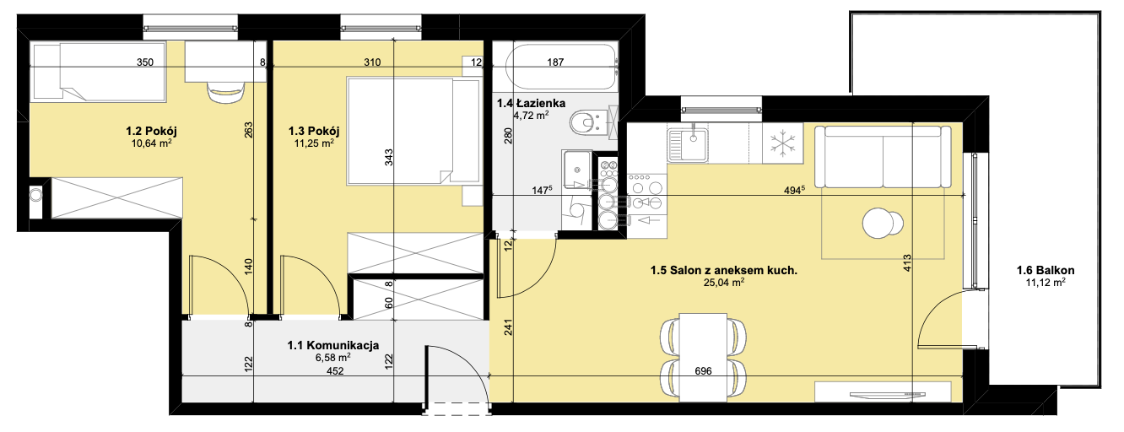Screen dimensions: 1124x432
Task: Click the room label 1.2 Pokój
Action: pyautogui.click(x=151, y=132)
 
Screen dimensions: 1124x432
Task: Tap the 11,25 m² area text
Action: pyautogui.click(x=314, y=143)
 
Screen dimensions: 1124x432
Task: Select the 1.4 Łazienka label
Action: pyautogui.click(x=531, y=103)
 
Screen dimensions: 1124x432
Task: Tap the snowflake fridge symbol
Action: pyautogui.click(x=783, y=143)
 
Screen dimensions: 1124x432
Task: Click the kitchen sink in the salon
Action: pyautogui.click(x=688, y=144)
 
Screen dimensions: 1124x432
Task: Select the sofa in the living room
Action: pyautogui.click(x=883, y=157)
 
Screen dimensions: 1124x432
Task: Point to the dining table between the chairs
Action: pyautogui.click(x=702, y=358)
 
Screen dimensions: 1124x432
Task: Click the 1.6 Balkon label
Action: pyautogui.click(x=1046, y=271)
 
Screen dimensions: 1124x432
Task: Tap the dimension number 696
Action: pyautogui.click(x=703, y=371)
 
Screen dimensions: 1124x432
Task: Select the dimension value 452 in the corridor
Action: pyautogui.click(x=335, y=371)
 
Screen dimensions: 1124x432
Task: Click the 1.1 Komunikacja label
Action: pyautogui.click(x=333, y=345)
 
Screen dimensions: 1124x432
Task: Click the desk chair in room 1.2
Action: pyautogui.click(x=226, y=92)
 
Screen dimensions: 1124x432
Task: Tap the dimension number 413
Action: pyautogui.click(x=907, y=263)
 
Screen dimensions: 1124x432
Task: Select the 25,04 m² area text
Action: pyautogui.click(x=723, y=283)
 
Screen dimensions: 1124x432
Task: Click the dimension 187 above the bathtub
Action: pyautogui.click(x=555, y=62)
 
